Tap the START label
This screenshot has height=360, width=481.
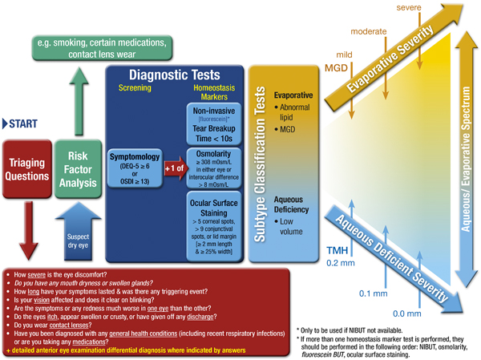coord(23,123)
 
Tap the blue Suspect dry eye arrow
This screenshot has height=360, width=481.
coord(76,232)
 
